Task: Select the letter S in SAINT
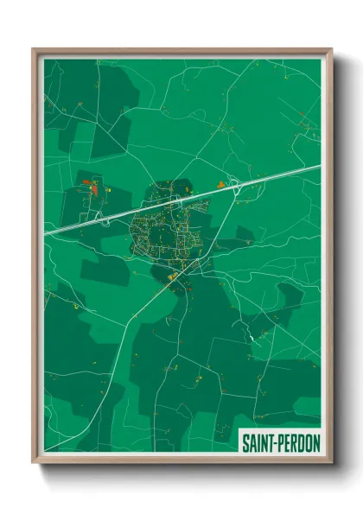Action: pos(245,442)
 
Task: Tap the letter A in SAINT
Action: pos(253,442)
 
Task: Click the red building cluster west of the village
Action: pos(92,185)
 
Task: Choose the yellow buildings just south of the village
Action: pos(173,276)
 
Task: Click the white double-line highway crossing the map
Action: pos(259,182)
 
